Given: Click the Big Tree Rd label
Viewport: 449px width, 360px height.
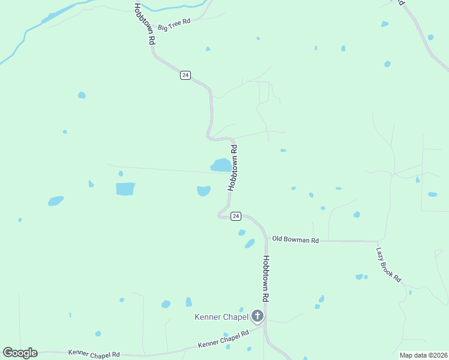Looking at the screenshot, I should pyautogui.click(x=173, y=25).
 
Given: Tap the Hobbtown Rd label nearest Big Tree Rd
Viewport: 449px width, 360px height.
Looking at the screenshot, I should pyautogui.click(x=145, y=24).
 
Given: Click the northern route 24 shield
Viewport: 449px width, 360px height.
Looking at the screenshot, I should pyautogui.click(x=185, y=75).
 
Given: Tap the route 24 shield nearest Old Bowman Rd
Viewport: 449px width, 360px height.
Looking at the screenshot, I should pyautogui.click(x=236, y=216).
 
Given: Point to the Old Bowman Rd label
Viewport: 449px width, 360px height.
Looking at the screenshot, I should pyautogui.click(x=295, y=239).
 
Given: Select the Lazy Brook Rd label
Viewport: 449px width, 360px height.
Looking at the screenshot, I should pyautogui.click(x=388, y=265).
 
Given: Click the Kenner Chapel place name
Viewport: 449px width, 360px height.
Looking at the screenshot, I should pyautogui.click(x=221, y=317).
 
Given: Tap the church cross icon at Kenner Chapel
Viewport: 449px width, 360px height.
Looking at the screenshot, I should pyautogui.click(x=258, y=316).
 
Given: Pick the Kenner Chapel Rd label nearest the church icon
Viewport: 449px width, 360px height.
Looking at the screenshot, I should pyautogui.click(x=223, y=340).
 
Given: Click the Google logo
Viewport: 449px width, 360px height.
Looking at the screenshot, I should pyautogui.click(x=20, y=353).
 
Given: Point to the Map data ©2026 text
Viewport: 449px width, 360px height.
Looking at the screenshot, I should pyautogui.click(x=423, y=355).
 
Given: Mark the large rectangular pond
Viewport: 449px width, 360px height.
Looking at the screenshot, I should pyautogui.click(x=125, y=188).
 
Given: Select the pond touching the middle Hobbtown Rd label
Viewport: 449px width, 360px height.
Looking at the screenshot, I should pyautogui.click(x=220, y=164).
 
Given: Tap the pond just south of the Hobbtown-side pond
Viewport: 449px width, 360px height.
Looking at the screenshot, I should pyautogui.click(x=203, y=191).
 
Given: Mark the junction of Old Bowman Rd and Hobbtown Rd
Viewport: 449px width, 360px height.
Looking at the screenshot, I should pyautogui.click(x=265, y=239).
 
